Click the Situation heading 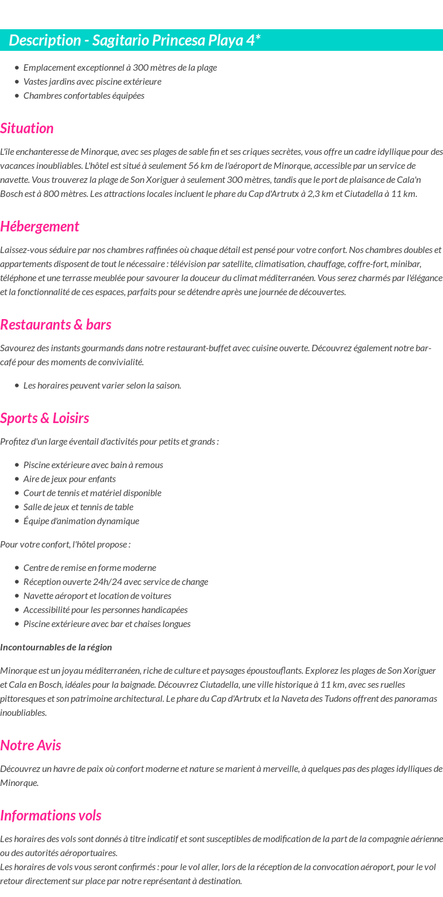click(x=27, y=129)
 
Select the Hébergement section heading click(x=40, y=227)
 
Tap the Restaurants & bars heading click(x=56, y=325)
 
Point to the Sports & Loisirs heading click(x=44, y=418)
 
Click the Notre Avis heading click(x=30, y=746)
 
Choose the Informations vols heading click(x=51, y=816)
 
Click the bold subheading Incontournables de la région click(x=56, y=647)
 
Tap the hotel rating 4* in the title click(x=252, y=40)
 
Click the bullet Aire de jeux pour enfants click(x=70, y=479)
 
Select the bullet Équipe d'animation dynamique click(x=81, y=521)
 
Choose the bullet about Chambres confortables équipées click(x=84, y=96)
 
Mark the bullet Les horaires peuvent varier click(x=102, y=386)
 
